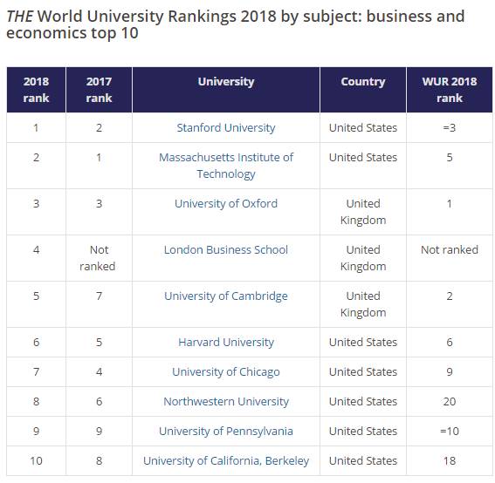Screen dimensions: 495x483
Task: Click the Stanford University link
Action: click(226, 127)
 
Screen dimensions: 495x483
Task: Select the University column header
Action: click(226, 82)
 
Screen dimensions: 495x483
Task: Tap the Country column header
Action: click(363, 82)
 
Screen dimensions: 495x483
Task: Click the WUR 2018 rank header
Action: click(450, 90)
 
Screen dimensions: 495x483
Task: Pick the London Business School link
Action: click(226, 249)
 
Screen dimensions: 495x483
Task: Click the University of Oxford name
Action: click(226, 204)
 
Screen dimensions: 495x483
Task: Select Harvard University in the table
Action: click(226, 342)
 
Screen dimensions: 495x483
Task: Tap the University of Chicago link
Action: click(226, 372)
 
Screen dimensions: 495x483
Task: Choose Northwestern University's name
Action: click(226, 401)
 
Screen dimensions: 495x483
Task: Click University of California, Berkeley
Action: click(226, 461)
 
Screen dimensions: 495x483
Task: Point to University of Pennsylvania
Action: click(226, 432)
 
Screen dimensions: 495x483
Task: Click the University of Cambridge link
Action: click(226, 296)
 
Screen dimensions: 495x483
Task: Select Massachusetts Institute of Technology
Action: click(226, 166)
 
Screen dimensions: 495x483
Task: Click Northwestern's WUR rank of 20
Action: click(450, 401)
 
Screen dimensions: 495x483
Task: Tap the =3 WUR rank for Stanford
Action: click(450, 127)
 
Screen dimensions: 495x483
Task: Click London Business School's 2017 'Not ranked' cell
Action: click(98, 258)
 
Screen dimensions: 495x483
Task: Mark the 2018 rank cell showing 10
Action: click(36, 461)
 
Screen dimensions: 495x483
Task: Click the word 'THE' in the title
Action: click(19, 17)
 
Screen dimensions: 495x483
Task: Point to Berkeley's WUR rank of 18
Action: click(450, 461)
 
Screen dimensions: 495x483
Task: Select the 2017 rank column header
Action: click(99, 90)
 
